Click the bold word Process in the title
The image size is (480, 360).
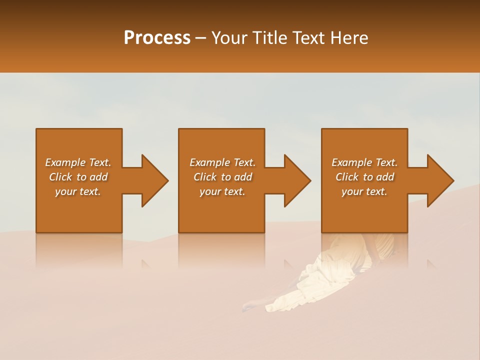[x=157, y=38]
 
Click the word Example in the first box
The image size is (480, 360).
[x=65, y=162]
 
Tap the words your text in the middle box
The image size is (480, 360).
[x=222, y=191]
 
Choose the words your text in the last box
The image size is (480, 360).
[x=364, y=191]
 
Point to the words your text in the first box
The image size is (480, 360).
[x=77, y=191]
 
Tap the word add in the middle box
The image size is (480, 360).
[x=243, y=177]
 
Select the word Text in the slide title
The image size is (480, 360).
[x=306, y=38]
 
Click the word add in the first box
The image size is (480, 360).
[x=98, y=177]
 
